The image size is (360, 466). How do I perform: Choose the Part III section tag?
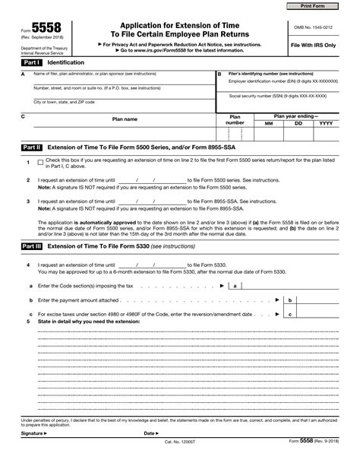click(32, 247)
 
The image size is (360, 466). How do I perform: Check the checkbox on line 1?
click(40, 163)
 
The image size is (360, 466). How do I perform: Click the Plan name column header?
click(125, 119)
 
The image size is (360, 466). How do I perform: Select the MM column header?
click(268, 122)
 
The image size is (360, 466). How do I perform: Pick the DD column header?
click(298, 122)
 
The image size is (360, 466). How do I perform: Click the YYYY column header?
click(327, 122)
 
